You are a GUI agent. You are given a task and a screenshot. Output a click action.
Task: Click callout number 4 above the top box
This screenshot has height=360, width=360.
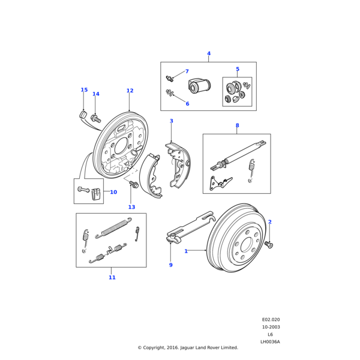tap(209, 53)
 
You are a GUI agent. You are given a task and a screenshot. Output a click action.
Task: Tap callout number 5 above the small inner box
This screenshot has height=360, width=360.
tap(237, 69)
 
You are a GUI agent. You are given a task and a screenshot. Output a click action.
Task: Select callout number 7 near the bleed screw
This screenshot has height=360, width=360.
tap(187, 71)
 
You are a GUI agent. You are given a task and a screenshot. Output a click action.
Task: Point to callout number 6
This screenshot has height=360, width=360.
tap(187, 104)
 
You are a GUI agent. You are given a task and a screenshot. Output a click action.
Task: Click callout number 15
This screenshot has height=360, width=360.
tap(84, 90)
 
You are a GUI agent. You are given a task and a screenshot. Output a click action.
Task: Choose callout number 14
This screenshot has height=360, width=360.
tap(96, 94)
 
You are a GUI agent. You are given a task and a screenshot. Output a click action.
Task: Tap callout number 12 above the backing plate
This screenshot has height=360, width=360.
tap(130, 91)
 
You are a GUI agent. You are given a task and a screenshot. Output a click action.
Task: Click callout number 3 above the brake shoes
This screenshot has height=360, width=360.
tap(171, 121)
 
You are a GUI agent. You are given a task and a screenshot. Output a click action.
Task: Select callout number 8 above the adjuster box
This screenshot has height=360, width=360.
tap(237, 125)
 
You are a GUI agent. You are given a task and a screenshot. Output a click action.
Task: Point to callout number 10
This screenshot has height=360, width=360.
tap(113, 192)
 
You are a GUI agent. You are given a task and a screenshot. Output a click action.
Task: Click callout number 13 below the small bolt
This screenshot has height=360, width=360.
tap(131, 207)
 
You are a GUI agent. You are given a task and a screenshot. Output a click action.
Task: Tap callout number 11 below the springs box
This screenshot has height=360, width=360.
tap(112, 277)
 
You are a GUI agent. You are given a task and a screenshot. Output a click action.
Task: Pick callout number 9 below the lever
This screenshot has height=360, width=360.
tap(170, 265)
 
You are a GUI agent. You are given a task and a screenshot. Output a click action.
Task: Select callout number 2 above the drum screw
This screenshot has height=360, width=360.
tap(269, 222)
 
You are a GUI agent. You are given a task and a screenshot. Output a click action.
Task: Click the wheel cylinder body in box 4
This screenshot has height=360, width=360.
tap(197, 87)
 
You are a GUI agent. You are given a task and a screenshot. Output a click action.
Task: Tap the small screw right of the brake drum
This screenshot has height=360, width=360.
tap(269, 244)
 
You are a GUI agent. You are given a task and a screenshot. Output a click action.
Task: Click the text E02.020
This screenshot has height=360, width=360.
tap(271, 319)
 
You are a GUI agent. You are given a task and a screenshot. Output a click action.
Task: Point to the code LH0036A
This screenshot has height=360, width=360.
tap(270, 341)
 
